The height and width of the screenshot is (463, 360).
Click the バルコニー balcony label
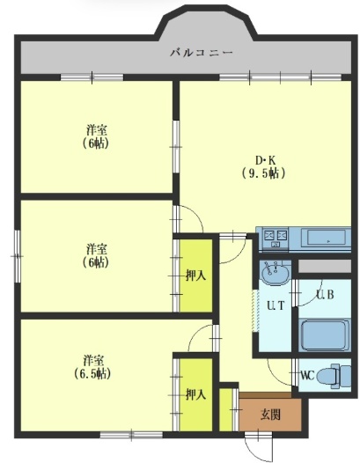[x=202, y=53]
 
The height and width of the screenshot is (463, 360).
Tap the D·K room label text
[x=265, y=160]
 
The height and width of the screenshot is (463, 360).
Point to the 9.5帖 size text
[x=264, y=173]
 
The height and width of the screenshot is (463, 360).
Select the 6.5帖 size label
[x=92, y=374]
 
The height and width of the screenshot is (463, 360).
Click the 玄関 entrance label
[x=270, y=415]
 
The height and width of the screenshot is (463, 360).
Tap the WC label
[x=307, y=376]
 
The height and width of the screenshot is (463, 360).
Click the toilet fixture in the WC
[x=334, y=376]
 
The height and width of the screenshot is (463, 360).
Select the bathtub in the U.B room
[x=324, y=335]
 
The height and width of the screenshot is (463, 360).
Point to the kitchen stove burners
[x=276, y=238]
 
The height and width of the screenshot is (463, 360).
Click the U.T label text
[x=276, y=305]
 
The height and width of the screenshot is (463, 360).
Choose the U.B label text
[x=325, y=294]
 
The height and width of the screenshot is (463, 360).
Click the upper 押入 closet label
[x=195, y=276]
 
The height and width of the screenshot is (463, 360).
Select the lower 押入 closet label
[x=195, y=395]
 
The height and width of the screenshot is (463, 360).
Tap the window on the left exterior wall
[x=18, y=256]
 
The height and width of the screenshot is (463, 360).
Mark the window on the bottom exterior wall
[x=131, y=435]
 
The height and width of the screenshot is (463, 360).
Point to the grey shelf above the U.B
[x=325, y=266]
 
